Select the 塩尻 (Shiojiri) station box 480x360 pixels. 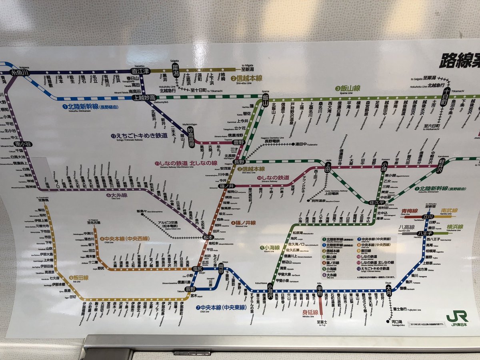click(197, 268)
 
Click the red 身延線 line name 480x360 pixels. click(310, 312)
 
